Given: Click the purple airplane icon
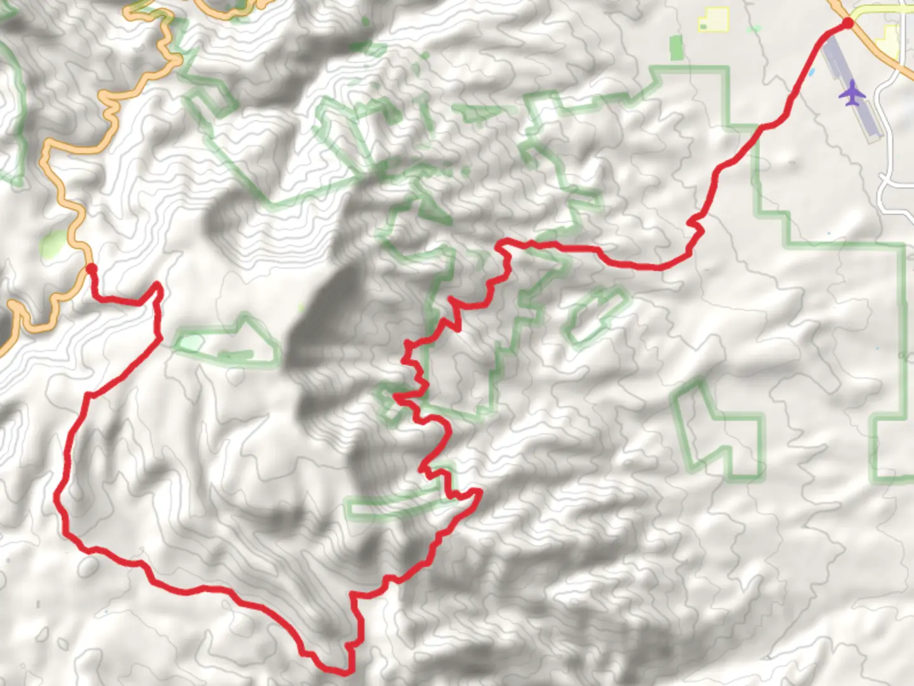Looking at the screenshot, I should (x=852, y=94).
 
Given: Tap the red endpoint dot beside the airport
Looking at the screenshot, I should (x=847, y=24).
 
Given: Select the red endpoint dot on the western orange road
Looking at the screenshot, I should (x=91, y=269).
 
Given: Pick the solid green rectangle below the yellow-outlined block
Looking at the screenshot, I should (x=677, y=48).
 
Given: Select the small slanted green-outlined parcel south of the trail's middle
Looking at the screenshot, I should (x=594, y=316).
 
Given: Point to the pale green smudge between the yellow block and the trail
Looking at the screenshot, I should (x=754, y=29).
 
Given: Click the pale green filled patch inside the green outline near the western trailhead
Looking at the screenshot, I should (x=189, y=343).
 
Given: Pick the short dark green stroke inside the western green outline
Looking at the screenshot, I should (x=236, y=354).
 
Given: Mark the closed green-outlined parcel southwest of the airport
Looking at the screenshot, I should (x=717, y=432).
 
